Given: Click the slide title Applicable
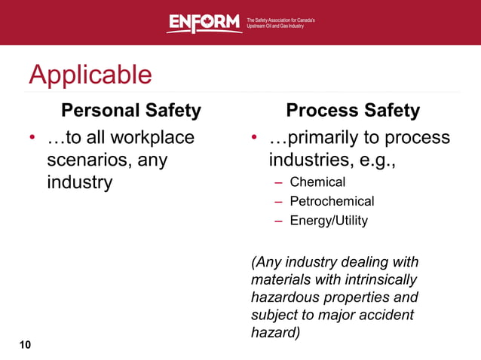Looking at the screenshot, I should click(x=90, y=75).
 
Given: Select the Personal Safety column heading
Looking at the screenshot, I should click(x=130, y=111).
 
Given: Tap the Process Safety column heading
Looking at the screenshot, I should click(x=352, y=111).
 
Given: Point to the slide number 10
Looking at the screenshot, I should click(x=26, y=345).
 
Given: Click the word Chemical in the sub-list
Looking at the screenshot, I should click(x=317, y=182).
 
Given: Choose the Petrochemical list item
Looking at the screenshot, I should click(x=332, y=201).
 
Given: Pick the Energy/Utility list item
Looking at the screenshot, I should click(x=329, y=221).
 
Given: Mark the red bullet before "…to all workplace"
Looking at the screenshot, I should click(x=32, y=139).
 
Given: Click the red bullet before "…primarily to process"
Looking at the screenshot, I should click(x=255, y=139).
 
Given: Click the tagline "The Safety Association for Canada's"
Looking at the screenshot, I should click(x=280, y=19).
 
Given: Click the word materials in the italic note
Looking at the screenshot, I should click(x=279, y=279).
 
